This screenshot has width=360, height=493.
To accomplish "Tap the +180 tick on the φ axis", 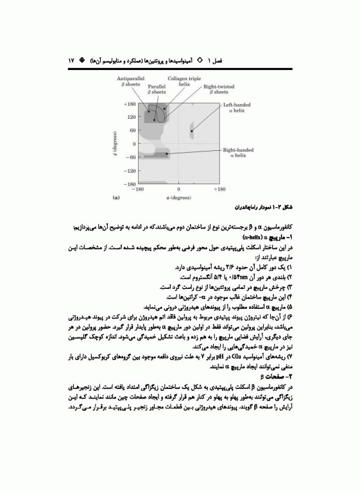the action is point(219,190).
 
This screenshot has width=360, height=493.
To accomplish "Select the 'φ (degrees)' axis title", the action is point(178,198).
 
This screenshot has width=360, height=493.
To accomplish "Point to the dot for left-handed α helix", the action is point(191,131).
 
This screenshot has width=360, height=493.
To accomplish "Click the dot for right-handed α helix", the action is point(167,154).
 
